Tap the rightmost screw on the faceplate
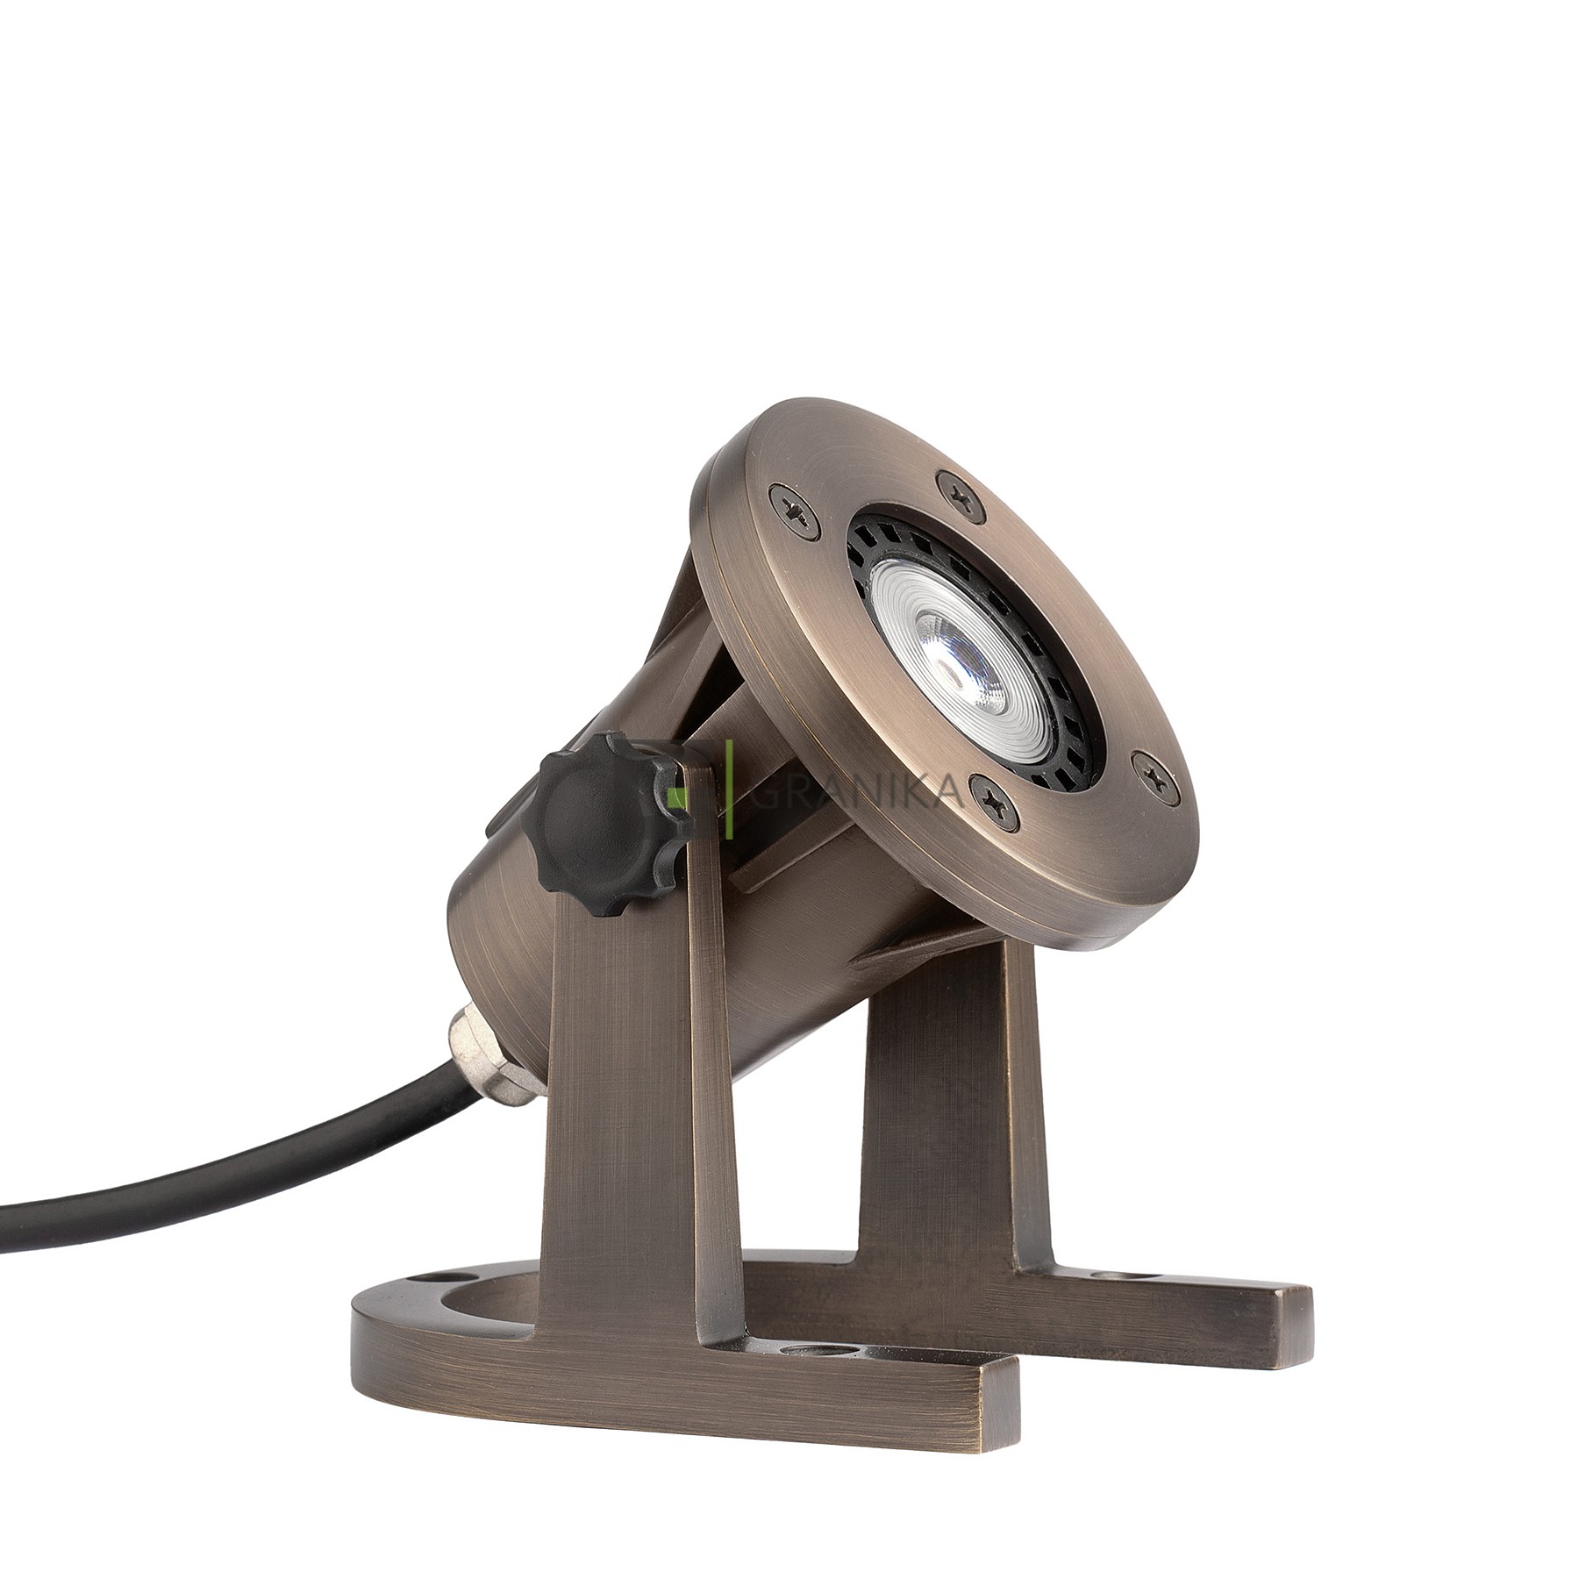point(1147,770)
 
